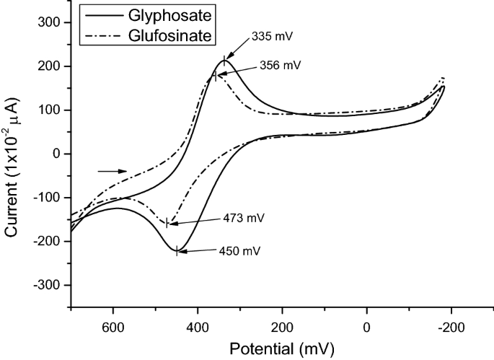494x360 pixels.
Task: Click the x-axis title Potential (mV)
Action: [x=282, y=348]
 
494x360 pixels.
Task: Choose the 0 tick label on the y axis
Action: [x=61, y=154]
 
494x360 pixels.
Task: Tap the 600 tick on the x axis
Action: [x=113, y=325]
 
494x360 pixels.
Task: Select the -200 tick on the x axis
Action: [x=451, y=325]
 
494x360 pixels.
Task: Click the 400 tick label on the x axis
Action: [x=198, y=325]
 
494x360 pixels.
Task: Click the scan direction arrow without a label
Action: [x=112, y=171]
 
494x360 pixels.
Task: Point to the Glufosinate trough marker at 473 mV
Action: [x=167, y=223]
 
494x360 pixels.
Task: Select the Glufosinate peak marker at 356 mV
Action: [x=215, y=75]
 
